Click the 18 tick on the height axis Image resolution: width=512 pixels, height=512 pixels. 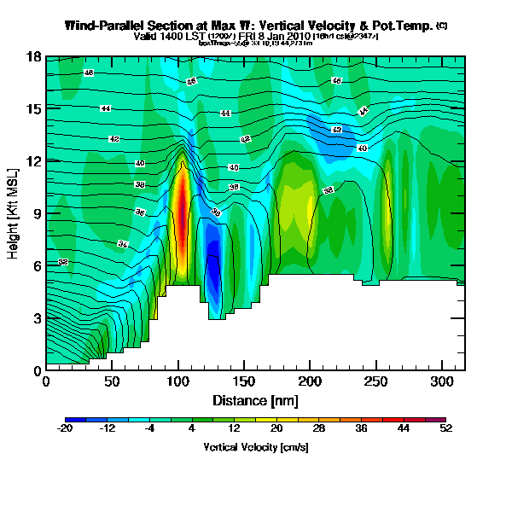pyautogui.click(x=34, y=57)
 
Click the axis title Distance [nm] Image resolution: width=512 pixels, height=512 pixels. pyautogui.click(x=255, y=399)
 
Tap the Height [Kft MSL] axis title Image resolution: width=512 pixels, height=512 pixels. pyautogui.click(x=15, y=213)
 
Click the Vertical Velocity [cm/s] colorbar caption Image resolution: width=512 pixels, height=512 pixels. pyautogui.click(x=255, y=447)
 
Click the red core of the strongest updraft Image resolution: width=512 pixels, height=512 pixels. pyautogui.click(x=181, y=209)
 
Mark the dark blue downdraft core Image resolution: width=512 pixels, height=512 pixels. pyautogui.click(x=214, y=269)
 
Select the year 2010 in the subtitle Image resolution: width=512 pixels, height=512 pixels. pyautogui.click(x=319, y=37)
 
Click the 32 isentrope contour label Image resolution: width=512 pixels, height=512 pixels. pyautogui.click(x=62, y=262)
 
